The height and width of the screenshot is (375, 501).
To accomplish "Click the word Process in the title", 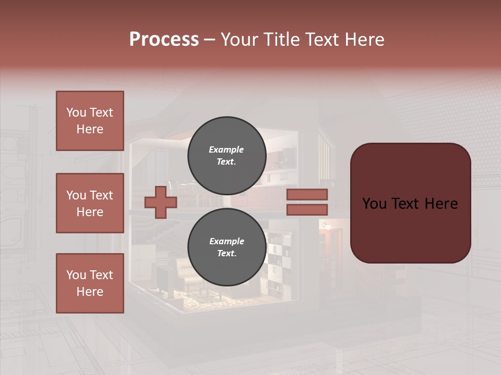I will [164, 40].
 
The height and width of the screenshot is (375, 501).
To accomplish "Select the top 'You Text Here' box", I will [90, 121].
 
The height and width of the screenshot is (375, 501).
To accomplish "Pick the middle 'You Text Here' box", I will [90, 203].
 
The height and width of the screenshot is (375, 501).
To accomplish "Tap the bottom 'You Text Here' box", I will [90, 283].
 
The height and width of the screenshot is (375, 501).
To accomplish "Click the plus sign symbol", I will [161, 203].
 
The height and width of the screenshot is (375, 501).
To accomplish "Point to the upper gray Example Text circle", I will [226, 155].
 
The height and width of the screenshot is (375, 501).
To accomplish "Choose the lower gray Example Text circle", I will [226, 247].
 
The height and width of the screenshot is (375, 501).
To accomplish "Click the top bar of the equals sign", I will [307, 195].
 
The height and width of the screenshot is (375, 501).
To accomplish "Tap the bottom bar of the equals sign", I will [307, 209].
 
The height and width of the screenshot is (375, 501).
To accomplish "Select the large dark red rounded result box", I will [410, 203].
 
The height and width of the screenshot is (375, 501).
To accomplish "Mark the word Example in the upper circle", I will [226, 149].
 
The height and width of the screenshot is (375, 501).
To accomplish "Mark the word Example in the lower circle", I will [226, 241].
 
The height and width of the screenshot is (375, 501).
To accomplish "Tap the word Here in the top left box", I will [90, 129].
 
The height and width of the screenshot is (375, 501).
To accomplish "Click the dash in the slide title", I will [210, 40].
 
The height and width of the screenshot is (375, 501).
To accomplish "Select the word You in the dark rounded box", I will [375, 203].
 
